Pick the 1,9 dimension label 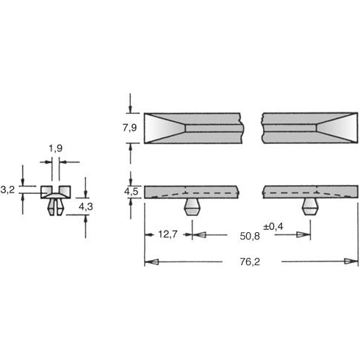point(55,150)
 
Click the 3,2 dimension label point(8,190)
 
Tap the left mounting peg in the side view point(192,205)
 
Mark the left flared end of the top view point(163,128)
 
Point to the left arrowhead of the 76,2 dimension point(149,262)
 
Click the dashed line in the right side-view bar point(294,192)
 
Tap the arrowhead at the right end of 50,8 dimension point(302,235)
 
